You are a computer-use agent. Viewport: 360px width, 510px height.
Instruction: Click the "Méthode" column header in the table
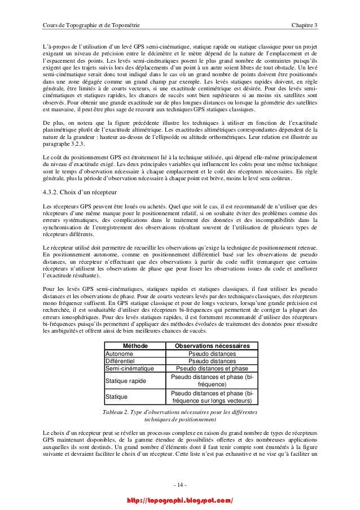(133, 345)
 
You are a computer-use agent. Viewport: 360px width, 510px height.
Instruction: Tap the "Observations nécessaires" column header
(212, 345)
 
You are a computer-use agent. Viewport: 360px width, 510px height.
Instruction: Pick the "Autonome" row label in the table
(120, 354)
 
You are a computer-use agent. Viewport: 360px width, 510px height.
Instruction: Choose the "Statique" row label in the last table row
(117, 397)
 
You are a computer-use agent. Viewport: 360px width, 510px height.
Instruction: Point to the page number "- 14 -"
(179, 486)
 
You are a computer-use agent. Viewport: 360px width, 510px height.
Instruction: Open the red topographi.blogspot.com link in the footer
(180, 500)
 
